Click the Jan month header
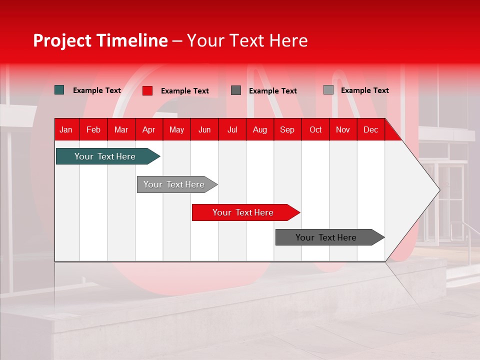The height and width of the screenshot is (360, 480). [x=66, y=130]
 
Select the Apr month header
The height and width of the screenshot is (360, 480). [x=148, y=130]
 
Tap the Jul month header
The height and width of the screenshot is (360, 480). [x=232, y=130]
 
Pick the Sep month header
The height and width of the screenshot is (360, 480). [x=287, y=130]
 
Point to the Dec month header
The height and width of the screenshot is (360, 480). [x=370, y=130]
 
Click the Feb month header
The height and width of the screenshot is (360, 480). [x=93, y=130]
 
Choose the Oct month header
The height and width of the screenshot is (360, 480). [x=315, y=130]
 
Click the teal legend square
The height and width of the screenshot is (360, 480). [x=59, y=90]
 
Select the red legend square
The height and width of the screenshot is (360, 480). [x=147, y=90]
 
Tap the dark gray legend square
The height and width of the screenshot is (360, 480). [x=236, y=90]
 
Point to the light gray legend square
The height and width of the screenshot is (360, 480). [x=328, y=90]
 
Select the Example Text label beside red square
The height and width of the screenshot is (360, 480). [x=184, y=91]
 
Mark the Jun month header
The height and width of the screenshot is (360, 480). [x=204, y=130]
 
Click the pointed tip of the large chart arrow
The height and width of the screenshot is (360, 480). [x=438, y=190]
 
